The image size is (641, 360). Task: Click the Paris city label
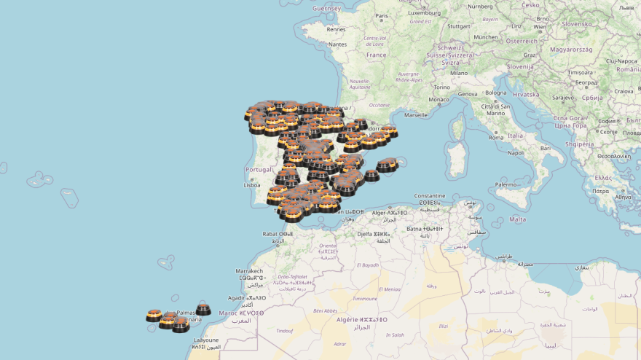tap(381, 15)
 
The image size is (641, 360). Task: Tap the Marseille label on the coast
tap(416, 114)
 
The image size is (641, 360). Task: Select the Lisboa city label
tap(252, 185)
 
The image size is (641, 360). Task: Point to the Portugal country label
tap(259, 170)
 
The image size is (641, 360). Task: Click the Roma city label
tap(497, 137)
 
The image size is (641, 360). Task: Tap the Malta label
tap(518, 219)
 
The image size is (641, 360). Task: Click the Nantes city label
tap(337, 44)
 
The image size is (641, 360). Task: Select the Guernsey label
tap(326, 8)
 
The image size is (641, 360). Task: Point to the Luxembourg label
tap(425, 12)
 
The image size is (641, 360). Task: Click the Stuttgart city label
tap(458, 26)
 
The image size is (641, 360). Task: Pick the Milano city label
tap(459, 73)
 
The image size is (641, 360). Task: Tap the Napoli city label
tap(516, 153)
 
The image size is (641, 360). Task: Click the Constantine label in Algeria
tap(429, 196)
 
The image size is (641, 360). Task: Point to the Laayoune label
tap(205, 340)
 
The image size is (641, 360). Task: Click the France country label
tap(376, 55)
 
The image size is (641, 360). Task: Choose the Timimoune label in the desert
tap(364, 298)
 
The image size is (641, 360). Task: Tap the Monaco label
tap(439, 100)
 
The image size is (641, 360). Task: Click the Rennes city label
tap(337, 30)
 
